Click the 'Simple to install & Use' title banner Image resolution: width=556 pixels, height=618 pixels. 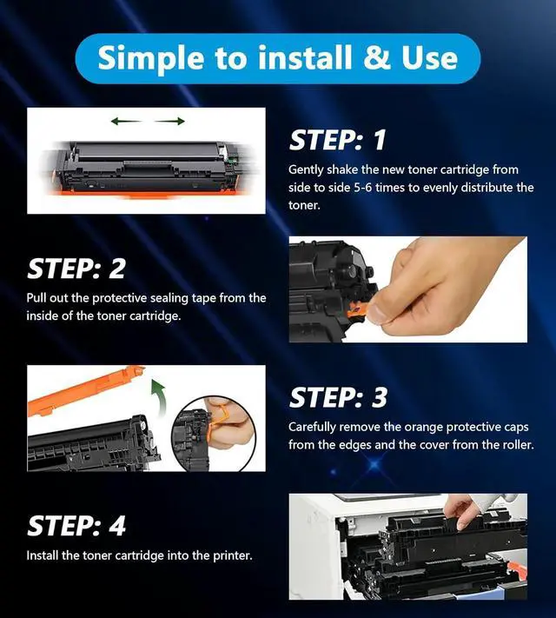278,58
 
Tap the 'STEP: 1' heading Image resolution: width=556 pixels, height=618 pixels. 338,140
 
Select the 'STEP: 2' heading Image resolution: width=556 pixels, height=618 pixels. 76,269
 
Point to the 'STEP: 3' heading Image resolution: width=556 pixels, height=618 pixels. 338,397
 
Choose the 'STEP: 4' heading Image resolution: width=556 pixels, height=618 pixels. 76,525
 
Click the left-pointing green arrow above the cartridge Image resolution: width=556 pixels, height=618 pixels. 126,121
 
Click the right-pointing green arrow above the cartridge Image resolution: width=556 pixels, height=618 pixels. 169,121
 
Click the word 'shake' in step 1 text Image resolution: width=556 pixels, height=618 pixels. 343,169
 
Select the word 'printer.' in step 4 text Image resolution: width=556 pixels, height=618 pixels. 233,555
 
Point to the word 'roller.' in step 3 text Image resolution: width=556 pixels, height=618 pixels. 517,445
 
